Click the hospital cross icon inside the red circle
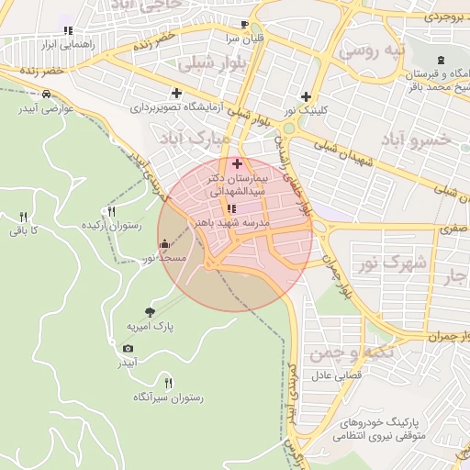point(238,163)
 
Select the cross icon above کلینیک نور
point(306,96)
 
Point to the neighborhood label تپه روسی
point(372,50)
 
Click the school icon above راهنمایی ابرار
point(67,29)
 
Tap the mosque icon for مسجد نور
point(164,244)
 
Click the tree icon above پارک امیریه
point(151,313)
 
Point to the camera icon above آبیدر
point(128,348)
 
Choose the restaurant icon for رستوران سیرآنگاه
point(167,383)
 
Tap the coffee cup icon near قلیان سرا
point(244,25)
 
